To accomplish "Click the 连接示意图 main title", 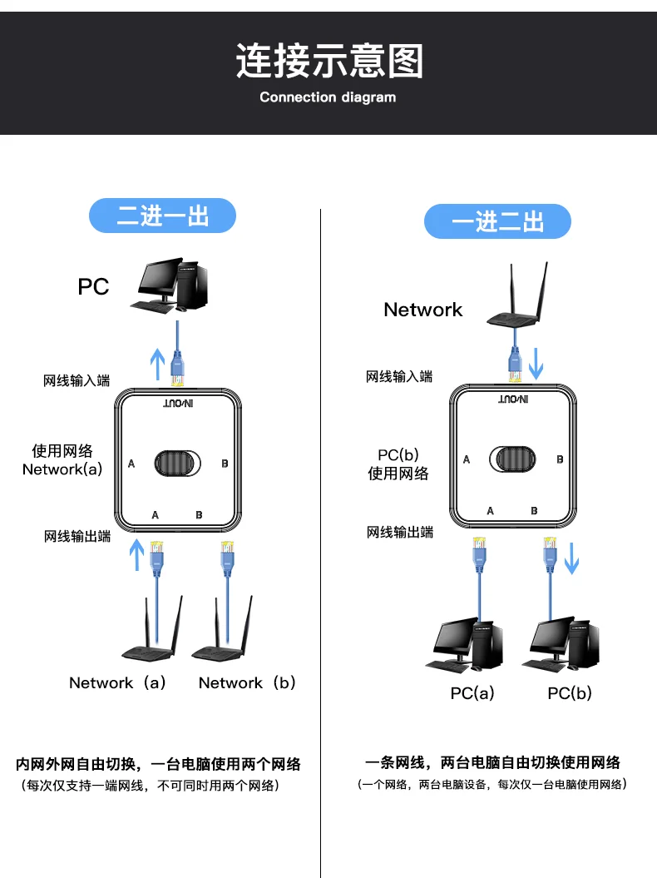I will pos(328,62).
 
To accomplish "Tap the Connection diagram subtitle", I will pos(328,97).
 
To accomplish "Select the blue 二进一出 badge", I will pos(162,216).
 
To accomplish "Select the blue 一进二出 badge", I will pos(497,222).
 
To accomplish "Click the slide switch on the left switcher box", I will pos(177,463).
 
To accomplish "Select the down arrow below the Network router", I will pos(536,363).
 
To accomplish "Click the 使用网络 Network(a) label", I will pos(62,459).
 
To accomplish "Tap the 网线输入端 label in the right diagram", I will pos(399,377).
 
